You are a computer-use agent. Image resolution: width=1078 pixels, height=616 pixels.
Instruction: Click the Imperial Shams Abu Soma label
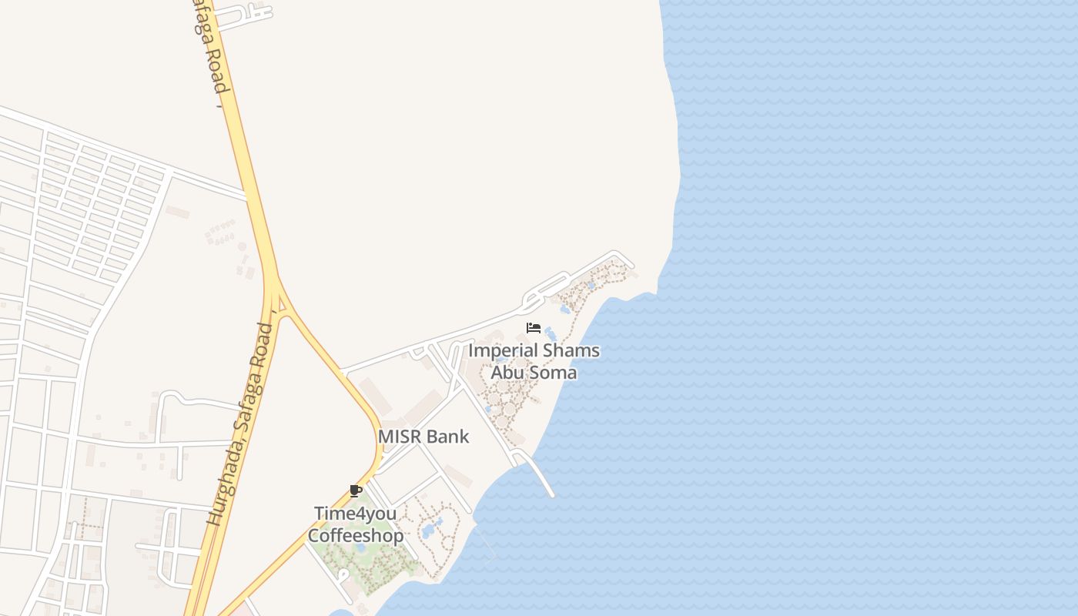point(534,361)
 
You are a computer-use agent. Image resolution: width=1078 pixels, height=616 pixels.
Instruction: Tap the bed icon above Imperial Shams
point(534,328)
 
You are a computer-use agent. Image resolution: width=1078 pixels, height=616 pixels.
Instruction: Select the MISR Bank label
point(423,437)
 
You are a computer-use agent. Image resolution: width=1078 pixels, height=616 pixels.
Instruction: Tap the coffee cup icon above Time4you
point(355,490)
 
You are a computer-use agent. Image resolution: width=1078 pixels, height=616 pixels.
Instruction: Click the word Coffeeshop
point(355,536)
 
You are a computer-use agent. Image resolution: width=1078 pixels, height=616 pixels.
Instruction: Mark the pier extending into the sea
point(539,473)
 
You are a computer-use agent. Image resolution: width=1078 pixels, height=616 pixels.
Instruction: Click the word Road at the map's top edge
point(215,73)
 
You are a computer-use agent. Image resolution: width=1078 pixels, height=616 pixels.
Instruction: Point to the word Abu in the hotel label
point(506,373)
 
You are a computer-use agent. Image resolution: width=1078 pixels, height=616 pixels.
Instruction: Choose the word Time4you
point(355,513)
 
